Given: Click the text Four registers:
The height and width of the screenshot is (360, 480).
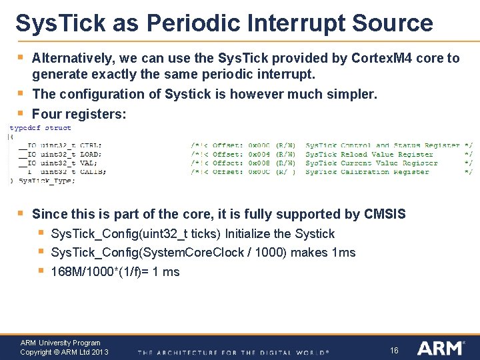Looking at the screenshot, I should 79,114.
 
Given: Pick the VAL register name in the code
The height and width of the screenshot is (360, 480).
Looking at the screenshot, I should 87,163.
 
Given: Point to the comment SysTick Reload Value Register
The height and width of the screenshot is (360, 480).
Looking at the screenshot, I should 369,154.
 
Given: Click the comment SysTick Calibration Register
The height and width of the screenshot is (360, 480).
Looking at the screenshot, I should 367,171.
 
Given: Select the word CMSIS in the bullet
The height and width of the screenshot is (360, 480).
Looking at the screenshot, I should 385,214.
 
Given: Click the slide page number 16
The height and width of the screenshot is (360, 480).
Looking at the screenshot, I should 394,349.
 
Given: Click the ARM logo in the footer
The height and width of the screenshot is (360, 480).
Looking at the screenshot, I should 441,347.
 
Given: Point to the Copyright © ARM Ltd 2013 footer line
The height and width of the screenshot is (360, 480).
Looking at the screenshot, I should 64,352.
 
